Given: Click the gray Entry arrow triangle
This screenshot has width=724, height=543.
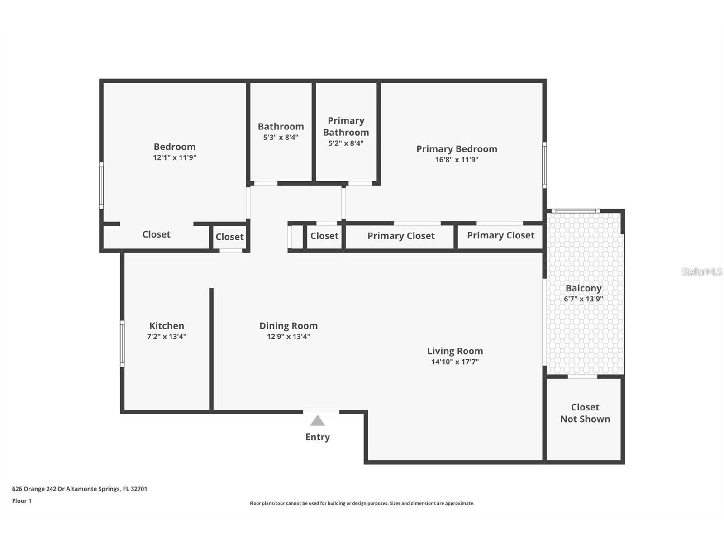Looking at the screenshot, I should (x=317, y=421).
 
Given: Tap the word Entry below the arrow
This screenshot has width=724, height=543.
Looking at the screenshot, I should (x=317, y=437).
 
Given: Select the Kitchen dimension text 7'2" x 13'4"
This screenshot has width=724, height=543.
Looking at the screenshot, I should (x=167, y=337).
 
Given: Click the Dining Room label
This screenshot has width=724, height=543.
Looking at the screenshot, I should (x=288, y=326).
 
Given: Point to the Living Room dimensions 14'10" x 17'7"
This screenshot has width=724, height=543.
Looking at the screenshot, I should (x=455, y=362).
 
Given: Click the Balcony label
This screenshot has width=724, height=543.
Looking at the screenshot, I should (x=583, y=288).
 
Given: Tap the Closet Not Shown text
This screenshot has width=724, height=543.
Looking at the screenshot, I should (x=585, y=413).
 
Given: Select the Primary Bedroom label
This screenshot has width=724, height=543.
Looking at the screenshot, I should (x=457, y=149).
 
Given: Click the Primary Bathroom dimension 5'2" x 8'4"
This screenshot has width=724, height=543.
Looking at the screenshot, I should (x=346, y=143).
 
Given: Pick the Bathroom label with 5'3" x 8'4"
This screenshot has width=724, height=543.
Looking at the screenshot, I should (x=281, y=127).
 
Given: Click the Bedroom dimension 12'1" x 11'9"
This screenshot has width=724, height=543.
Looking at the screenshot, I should (x=174, y=158).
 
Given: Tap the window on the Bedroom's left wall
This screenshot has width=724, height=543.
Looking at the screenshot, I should (x=101, y=186).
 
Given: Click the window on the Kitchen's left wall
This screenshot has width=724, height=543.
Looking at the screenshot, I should (x=122, y=344).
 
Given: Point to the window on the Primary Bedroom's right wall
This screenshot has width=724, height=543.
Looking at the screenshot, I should (x=544, y=165).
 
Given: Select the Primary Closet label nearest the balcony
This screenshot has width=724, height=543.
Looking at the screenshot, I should (x=500, y=235).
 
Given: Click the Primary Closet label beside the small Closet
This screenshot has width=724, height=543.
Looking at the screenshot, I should (x=400, y=236).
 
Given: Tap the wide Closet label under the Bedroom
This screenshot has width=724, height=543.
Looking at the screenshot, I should (x=156, y=234).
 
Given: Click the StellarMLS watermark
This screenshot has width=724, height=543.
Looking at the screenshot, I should (x=701, y=271).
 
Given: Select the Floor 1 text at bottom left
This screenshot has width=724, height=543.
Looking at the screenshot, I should (x=22, y=501).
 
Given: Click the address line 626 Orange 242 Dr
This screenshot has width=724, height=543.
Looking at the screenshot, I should (x=79, y=489).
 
